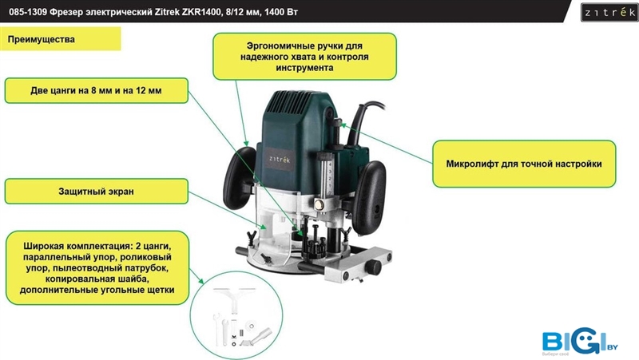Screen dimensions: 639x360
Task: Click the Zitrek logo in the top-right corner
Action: [x=609, y=12]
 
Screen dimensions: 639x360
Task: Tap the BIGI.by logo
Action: [x=579, y=341]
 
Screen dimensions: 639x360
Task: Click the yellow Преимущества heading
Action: [x=61, y=39]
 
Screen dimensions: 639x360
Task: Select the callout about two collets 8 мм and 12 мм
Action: [x=96, y=90]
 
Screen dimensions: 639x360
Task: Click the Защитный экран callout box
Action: [x=96, y=192]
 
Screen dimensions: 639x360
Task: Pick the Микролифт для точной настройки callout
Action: [x=524, y=164]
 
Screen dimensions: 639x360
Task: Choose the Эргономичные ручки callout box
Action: [x=304, y=57]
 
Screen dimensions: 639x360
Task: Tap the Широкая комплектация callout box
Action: [x=97, y=268]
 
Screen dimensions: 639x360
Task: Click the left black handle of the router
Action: [x=240, y=177]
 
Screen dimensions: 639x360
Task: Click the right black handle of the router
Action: [x=369, y=197]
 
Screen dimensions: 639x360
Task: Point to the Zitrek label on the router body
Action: [x=280, y=159]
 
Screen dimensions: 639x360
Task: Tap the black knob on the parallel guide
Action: [x=372, y=267]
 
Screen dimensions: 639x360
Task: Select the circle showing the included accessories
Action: [x=236, y=315]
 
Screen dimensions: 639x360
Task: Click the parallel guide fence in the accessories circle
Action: [x=234, y=299]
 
